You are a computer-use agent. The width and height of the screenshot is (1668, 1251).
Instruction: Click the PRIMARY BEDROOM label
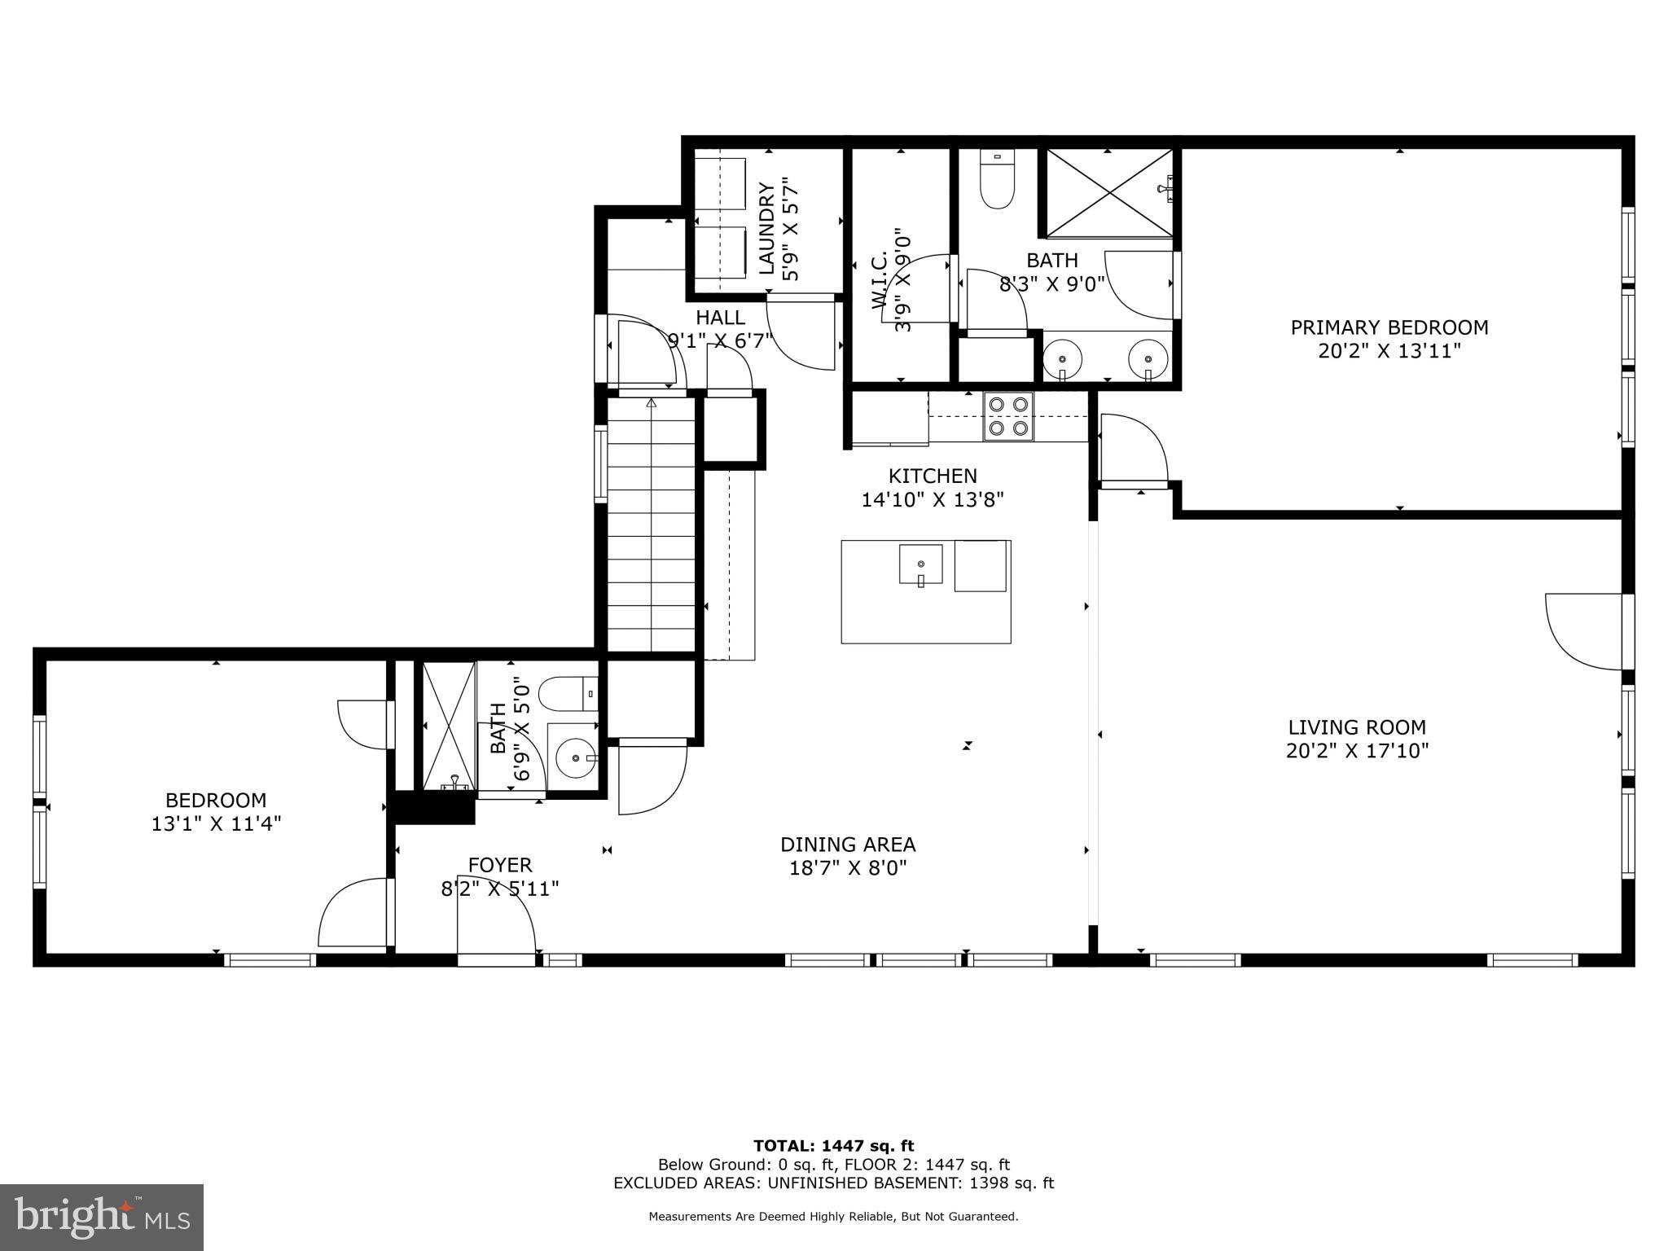click(x=1389, y=327)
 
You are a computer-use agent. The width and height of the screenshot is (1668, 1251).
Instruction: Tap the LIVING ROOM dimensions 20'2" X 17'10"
click(x=1357, y=751)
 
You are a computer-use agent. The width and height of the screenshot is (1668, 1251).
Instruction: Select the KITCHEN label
click(x=933, y=476)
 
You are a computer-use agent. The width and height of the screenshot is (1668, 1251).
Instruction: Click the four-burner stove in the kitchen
click(x=1008, y=416)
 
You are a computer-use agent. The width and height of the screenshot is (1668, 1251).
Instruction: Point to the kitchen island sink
click(x=921, y=564)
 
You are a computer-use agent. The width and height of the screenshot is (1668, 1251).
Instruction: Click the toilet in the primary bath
click(x=997, y=183)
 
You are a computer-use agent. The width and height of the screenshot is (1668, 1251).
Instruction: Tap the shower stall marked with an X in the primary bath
click(x=1108, y=193)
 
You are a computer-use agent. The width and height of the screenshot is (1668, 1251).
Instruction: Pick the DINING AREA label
click(x=848, y=845)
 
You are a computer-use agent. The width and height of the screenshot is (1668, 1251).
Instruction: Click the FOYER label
click(x=500, y=865)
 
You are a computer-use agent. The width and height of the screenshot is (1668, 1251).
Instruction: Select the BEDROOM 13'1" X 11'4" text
click(x=216, y=812)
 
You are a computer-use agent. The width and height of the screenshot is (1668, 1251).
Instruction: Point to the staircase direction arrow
click(x=651, y=402)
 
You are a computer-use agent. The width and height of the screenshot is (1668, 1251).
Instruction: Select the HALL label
click(x=720, y=317)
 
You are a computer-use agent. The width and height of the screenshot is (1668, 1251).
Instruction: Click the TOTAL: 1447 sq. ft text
click(x=833, y=1147)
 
